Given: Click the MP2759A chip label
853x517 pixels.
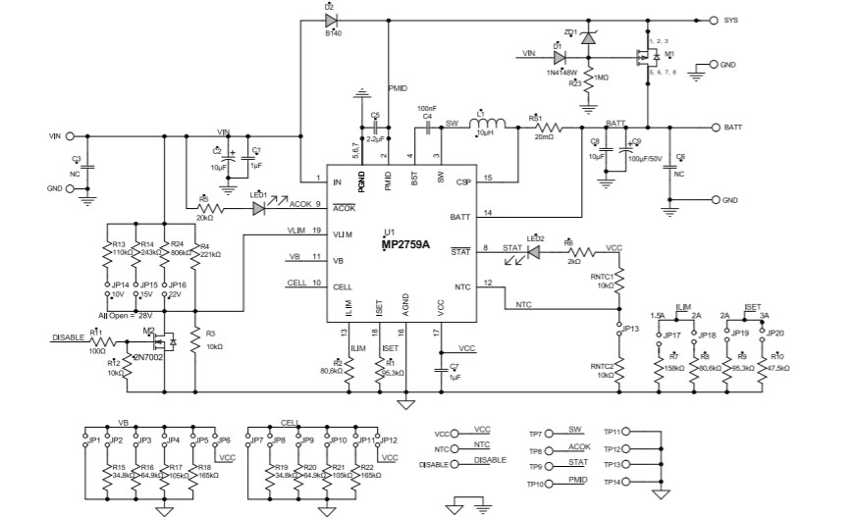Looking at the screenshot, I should (x=405, y=246).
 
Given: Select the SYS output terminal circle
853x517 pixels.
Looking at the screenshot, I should (x=714, y=19).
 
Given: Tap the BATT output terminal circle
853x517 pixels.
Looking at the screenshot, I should (x=714, y=128).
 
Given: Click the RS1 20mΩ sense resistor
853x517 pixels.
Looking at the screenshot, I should (x=544, y=128).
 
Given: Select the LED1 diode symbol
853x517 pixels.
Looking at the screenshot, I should (x=260, y=208).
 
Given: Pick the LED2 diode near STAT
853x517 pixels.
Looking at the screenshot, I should (x=535, y=251).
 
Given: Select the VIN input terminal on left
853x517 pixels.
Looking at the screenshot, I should (x=70, y=136).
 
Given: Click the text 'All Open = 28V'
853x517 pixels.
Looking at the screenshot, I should (x=127, y=316).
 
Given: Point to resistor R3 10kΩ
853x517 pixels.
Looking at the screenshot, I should (x=195, y=340).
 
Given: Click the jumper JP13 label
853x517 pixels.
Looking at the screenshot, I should (x=630, y=329).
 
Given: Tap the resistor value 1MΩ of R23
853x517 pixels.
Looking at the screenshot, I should (x=599, y=77).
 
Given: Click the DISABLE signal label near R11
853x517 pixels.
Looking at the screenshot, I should (x=68, y=336).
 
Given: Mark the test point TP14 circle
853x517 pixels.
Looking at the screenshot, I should (x=628, y=484).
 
